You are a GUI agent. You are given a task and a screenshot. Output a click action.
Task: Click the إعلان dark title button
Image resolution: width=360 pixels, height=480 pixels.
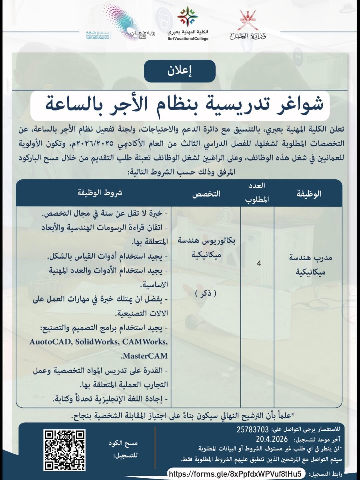tap(180, 71)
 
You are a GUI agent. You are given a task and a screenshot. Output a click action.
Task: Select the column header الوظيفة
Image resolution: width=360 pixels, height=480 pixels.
tap(309, 194)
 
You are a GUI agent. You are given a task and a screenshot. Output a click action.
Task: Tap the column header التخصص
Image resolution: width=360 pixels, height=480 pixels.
tap(206, 194)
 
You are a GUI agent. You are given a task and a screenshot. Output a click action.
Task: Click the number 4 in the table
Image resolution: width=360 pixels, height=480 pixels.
tap(259, 263)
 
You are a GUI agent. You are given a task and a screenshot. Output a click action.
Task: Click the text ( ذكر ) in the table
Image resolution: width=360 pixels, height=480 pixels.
tap(206, 293)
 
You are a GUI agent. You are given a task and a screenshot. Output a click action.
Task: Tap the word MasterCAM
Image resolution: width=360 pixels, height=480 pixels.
tap(145, 356)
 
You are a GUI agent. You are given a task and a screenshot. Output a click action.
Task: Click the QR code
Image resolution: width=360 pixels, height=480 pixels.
tap(64, 450)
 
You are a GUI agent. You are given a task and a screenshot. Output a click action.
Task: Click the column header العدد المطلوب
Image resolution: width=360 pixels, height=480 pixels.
tap(257, 193)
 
